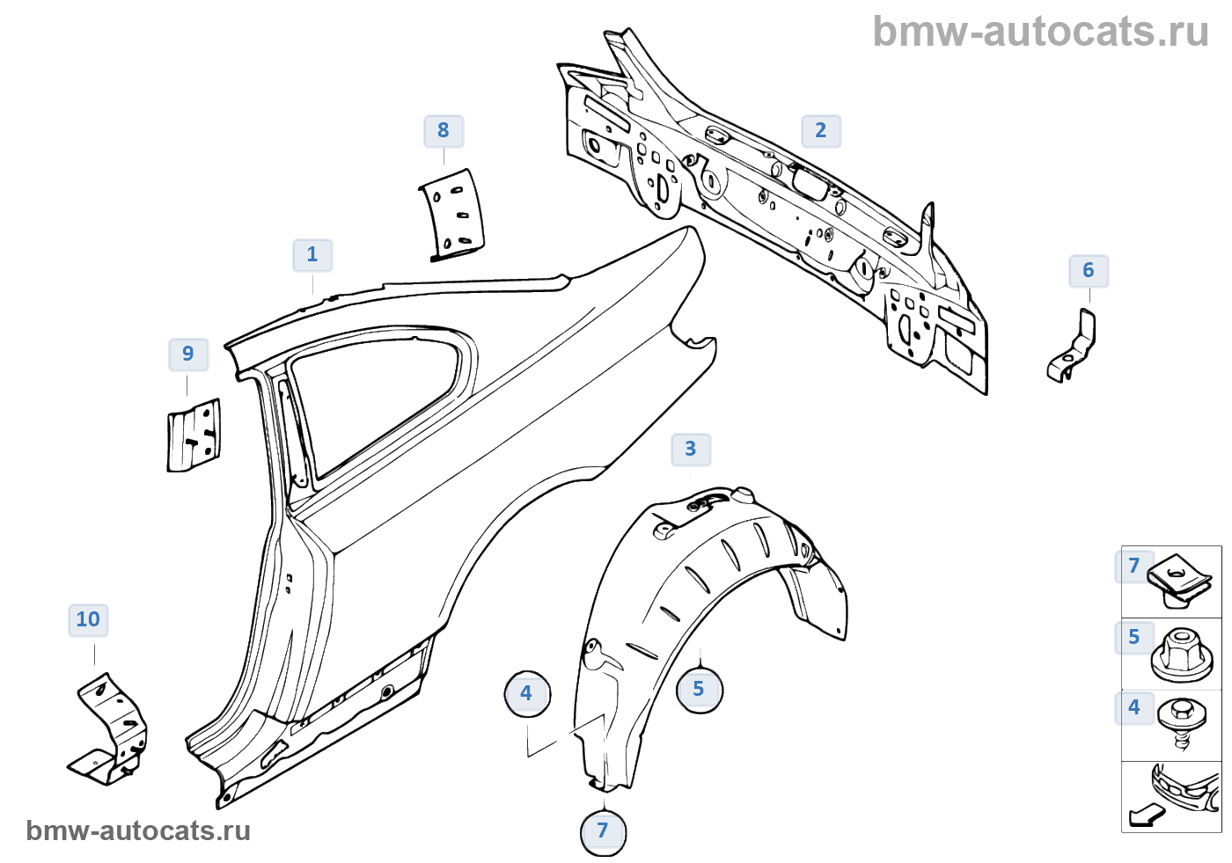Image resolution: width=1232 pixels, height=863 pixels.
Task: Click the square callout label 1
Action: pyautogui.click(x=312, y=255)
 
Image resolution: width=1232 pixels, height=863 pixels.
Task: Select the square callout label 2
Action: pyautogui.click(x=821, y=131)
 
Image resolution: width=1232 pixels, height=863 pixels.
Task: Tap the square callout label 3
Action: pyautogui.click(x=691, y=450)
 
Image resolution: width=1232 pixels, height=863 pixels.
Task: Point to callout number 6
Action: pyautogui.click(x=1089, y=271)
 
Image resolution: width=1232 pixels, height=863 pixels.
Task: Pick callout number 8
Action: pyautogui.click(x=444, y=131)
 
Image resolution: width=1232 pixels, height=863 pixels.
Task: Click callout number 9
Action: pyautogui.click(x=188, y=355)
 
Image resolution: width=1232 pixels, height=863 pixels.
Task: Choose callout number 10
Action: pyautogui.click(x=88, y=620)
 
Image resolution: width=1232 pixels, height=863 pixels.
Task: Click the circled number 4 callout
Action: pyautogui.click(x=526, y=693)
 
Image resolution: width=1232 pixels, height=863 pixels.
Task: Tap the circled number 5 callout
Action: pyautogui.click(x=699, y=689)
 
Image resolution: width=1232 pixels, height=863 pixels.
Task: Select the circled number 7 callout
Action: pyautogui.click(x=603, y=831)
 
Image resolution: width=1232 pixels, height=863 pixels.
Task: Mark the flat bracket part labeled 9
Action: pyautogui.click(x=194, y=435)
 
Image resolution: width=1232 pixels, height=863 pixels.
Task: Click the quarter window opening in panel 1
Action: pyautogui.click(x=378, y=396)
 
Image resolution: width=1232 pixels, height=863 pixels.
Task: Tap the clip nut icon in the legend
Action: pyautogui.click(x=1180, y=580)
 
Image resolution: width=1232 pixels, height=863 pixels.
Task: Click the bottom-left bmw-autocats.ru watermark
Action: pyautogui.click(x=138, y=831)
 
